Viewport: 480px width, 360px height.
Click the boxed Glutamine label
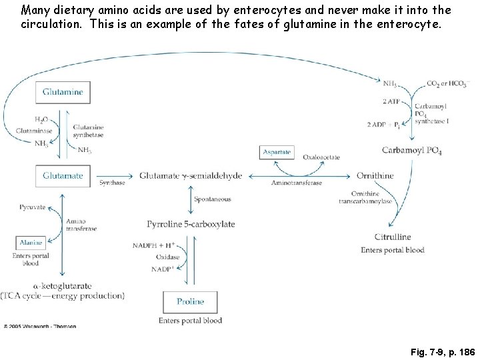click(63, 92)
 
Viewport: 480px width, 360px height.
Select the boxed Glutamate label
click(63, 175)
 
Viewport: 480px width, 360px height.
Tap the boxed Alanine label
click(31, 243)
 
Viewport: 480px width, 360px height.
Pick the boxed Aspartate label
click(277, 152)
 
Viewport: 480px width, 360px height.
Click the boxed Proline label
click(190, 302)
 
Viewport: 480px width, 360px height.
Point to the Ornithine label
click(374, 175)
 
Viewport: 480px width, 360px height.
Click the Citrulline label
click(392, 237)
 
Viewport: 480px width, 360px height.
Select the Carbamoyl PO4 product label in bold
click(412, 151)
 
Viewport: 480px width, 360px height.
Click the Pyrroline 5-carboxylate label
click(191, 224)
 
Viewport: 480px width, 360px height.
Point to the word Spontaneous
click(212, 199)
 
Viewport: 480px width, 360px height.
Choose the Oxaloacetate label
click(321, 157)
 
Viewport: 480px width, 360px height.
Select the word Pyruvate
click(32, 207)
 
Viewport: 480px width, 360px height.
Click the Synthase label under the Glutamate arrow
click(112, 183)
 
